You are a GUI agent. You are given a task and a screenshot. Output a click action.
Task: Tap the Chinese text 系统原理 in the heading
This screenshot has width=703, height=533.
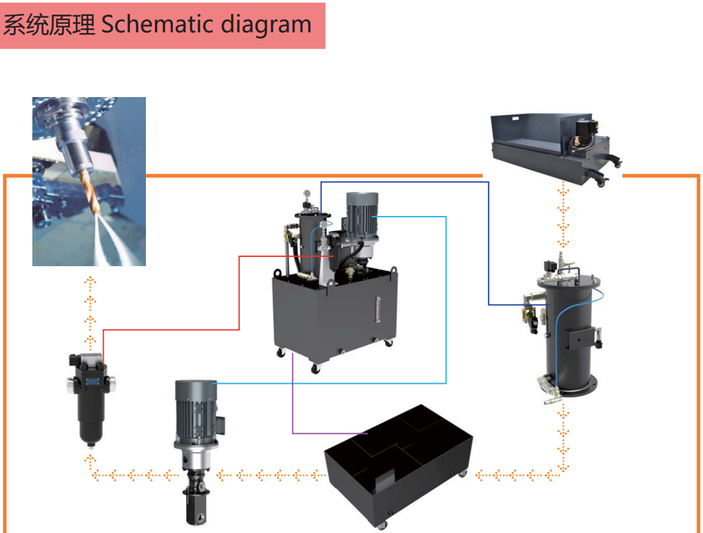point(50,25)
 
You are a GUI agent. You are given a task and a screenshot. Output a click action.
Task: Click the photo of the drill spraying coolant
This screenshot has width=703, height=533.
point(89,181)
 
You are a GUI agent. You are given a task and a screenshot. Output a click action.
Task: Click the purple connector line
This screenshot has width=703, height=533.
point(292,403)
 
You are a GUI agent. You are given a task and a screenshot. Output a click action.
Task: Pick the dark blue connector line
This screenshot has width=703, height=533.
point(488,244)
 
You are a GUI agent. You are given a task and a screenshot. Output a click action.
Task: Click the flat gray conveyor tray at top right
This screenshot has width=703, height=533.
point(554,142)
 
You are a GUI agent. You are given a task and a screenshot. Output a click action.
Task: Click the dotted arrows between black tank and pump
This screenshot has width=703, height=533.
point(271,475)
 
